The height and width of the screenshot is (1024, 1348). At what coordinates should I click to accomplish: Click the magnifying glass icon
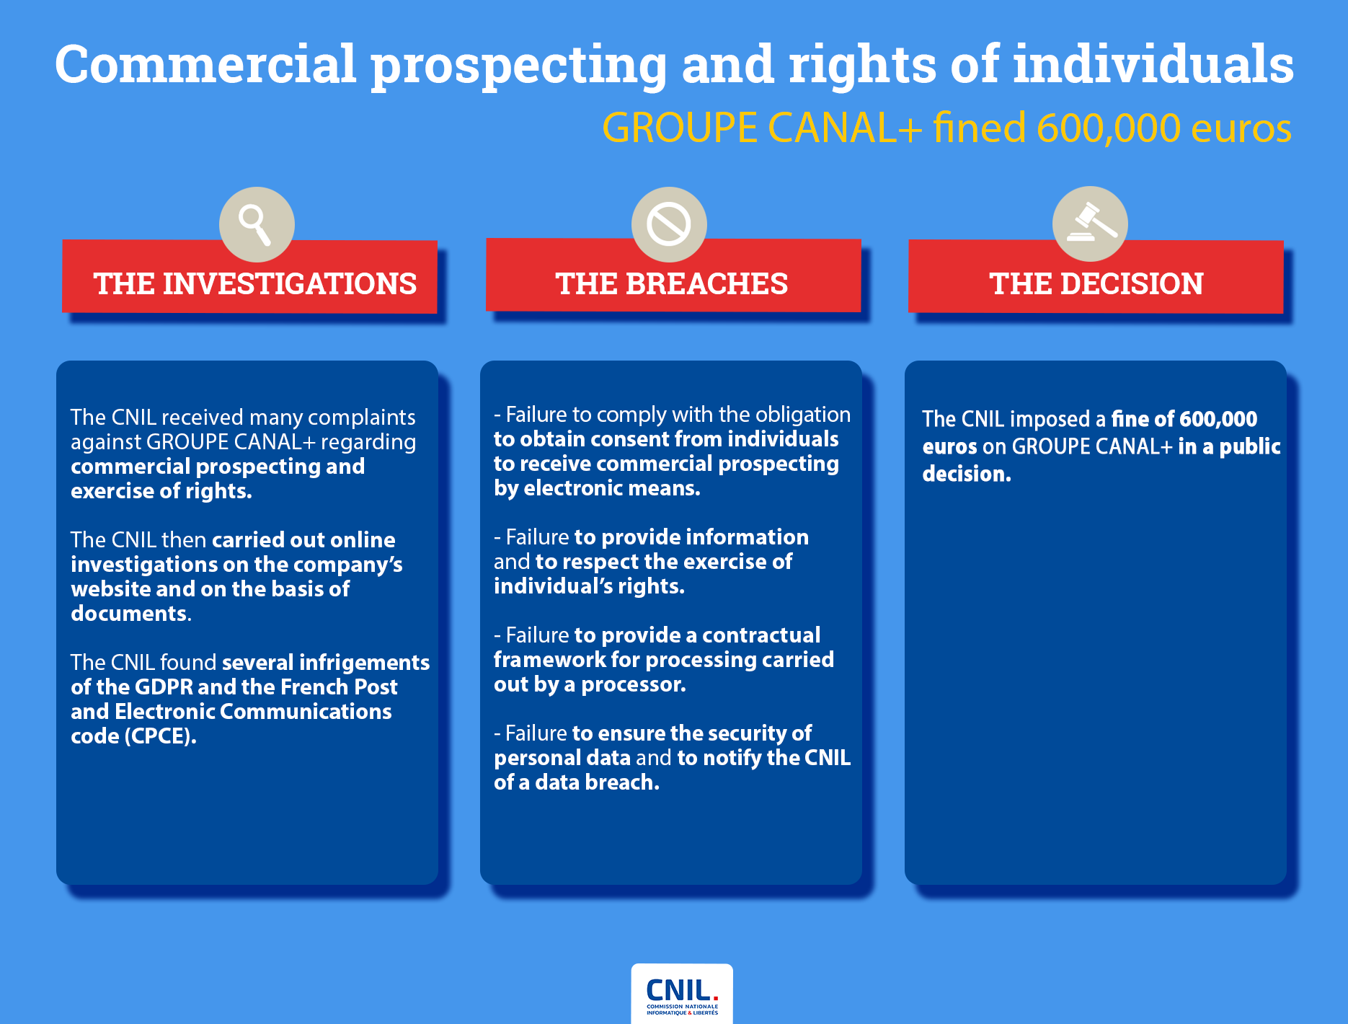pos(257,224)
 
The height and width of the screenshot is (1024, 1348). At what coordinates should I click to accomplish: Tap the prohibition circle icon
pos(669,224)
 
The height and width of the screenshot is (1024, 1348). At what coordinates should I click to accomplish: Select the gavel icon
pos(1090,224)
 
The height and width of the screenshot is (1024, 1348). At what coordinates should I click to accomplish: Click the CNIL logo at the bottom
pos(682,994)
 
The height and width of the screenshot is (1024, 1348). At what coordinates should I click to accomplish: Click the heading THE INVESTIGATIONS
pos(254,283)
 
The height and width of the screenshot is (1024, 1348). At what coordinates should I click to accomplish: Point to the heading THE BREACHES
pos(672,283)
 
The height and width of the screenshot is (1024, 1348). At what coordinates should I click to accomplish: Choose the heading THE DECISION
pos(1096,283)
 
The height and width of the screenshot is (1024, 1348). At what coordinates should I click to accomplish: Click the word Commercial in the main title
pos(205,65)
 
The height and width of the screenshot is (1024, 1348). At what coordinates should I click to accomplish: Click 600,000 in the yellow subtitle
pos(1109,128)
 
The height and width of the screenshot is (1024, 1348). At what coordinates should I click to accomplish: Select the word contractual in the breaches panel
pos(761,635)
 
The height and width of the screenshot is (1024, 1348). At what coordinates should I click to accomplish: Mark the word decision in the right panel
pos(966,474)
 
